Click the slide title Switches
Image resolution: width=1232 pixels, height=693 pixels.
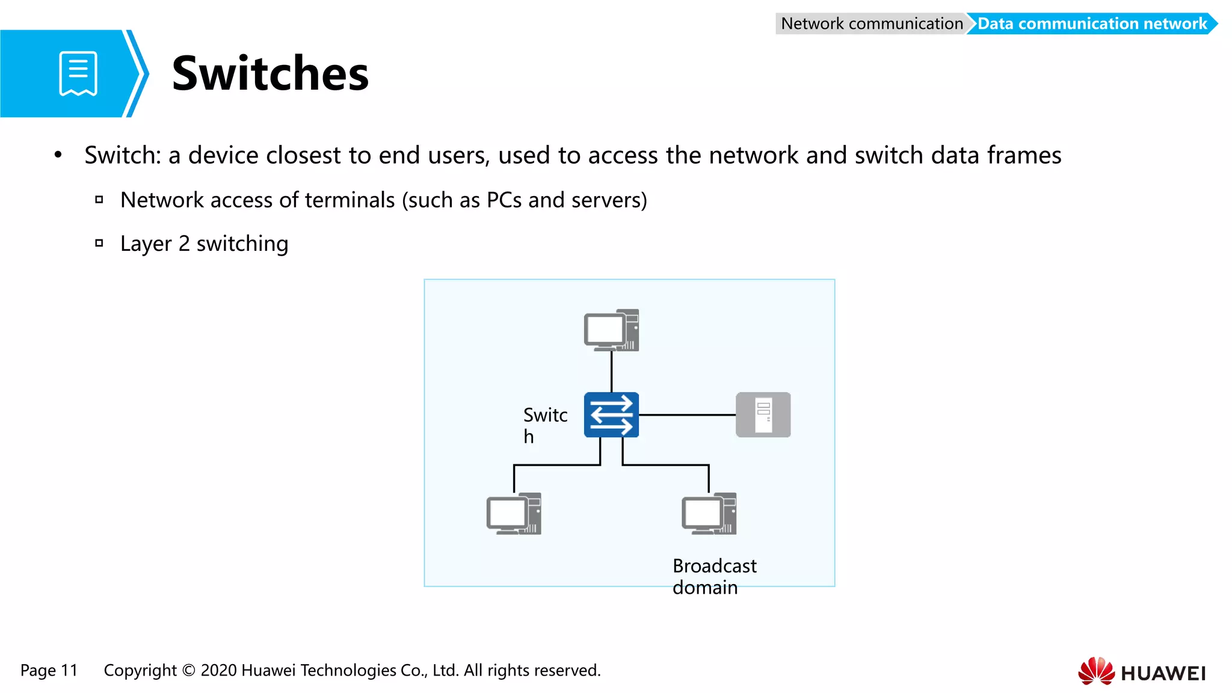point(270,73)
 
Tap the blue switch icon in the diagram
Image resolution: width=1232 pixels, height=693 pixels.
point(611,414)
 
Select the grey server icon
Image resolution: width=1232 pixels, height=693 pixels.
point(763,414)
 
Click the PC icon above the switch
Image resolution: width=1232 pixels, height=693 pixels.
point(611,330)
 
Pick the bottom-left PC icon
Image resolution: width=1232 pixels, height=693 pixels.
point(514,514)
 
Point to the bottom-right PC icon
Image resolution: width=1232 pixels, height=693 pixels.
point(709,514)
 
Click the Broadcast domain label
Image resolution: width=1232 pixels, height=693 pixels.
point(714,576)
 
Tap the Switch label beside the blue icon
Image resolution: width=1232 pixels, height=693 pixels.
point(545,425)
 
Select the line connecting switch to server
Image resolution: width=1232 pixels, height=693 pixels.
point(687,414)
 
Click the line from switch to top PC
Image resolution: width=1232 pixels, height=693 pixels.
point(611,372)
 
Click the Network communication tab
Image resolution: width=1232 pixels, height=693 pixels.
point(871,23)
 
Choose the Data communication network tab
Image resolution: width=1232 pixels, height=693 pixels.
point(1091,23)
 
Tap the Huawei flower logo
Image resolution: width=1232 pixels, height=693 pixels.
point(1096,671)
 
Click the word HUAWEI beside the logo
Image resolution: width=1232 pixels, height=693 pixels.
point(1163,673)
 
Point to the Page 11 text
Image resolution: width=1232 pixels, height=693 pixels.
point(49,670)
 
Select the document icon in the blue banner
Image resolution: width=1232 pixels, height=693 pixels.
point(78,73)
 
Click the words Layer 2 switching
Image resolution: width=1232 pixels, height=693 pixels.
point(204,244)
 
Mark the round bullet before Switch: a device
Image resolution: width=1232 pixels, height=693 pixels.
point(58,155)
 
